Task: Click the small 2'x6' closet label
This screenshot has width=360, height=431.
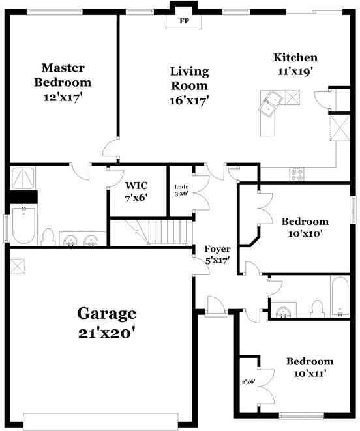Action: [x=249, y=381]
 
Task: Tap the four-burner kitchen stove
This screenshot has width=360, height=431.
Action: [x=297, y=174]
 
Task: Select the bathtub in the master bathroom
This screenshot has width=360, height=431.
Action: [x=23, y=225]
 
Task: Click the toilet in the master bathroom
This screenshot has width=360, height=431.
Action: [x=48, y=235]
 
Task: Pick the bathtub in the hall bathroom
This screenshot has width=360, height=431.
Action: [x=340, y=297]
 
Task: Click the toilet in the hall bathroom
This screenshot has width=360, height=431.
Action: [x=318, y=307]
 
